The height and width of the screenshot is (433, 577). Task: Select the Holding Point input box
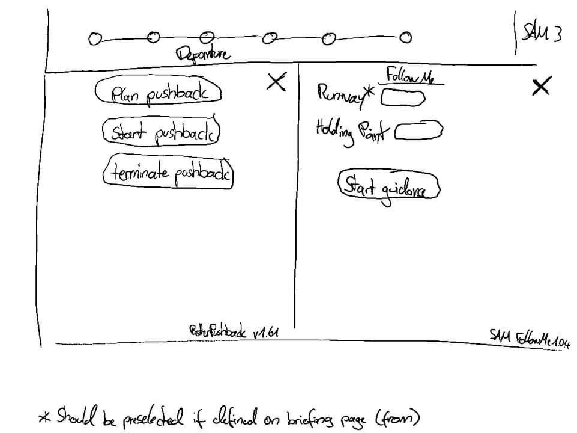pos(418,129)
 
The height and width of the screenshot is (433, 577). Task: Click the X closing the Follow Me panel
pos(540,87)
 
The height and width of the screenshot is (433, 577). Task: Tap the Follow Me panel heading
pos(409,77)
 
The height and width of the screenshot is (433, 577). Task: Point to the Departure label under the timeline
pos(202,55)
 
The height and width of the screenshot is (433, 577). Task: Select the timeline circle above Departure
pos(205,37)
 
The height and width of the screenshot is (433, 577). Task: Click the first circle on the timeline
pos(93,39)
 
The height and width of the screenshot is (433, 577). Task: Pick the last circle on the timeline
pos(406,38)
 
